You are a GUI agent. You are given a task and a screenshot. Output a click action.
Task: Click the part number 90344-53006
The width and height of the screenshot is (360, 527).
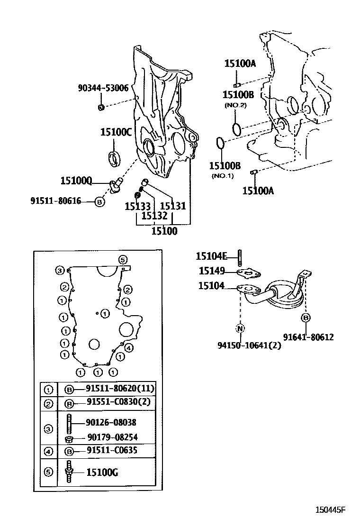point(103,88)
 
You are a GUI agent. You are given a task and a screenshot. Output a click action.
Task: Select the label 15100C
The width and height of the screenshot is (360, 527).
point(116,132)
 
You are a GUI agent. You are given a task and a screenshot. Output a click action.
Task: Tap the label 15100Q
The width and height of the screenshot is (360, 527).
point(76,181)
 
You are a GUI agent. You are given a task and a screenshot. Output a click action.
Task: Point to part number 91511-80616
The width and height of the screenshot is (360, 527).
point(55,201)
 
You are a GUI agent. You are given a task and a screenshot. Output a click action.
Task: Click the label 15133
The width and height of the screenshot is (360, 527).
point(137,206)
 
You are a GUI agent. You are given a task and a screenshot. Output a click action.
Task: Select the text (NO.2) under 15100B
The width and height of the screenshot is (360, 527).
point(235,105)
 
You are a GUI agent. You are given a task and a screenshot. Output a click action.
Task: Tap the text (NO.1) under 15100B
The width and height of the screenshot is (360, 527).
point(223,176)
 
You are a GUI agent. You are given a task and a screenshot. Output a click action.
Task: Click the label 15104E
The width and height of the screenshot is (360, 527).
point(212,256)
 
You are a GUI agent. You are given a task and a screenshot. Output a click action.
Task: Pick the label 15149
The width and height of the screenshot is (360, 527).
point(211,271)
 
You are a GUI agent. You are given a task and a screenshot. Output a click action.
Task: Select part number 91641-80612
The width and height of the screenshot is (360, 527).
point(308,337)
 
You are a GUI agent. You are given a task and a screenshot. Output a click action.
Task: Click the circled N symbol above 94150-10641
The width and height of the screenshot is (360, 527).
point(240,328)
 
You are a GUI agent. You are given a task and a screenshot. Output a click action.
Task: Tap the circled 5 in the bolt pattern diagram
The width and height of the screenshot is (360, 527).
point(122,259)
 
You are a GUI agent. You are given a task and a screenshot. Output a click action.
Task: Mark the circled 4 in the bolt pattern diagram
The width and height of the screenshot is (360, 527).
point(129,348)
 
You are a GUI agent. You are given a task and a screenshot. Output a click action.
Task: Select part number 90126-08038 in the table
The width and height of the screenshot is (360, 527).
point(111,422)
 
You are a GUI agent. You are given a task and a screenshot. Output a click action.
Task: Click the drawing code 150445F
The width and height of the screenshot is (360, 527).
point(331,510)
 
